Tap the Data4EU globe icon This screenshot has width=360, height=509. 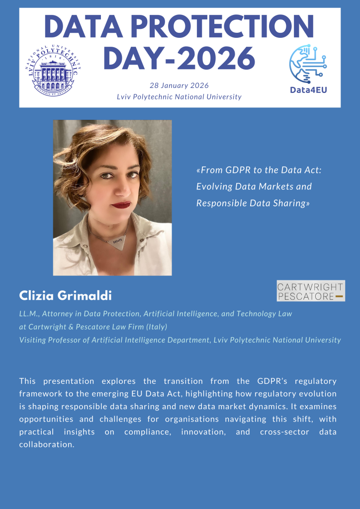tap(308, 64)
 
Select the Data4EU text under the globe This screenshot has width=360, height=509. tap(308, 90)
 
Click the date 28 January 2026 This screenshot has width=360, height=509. tap(179, 85)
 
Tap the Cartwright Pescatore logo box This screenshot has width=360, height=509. tap(310, 291)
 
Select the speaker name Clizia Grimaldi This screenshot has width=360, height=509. tap(65, 296)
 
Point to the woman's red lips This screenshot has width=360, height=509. tap(121, 204)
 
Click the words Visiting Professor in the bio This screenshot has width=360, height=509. tap(51, 340)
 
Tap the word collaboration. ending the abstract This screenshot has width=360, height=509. tap(47, 445)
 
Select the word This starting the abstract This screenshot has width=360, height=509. tap(28, 381)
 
